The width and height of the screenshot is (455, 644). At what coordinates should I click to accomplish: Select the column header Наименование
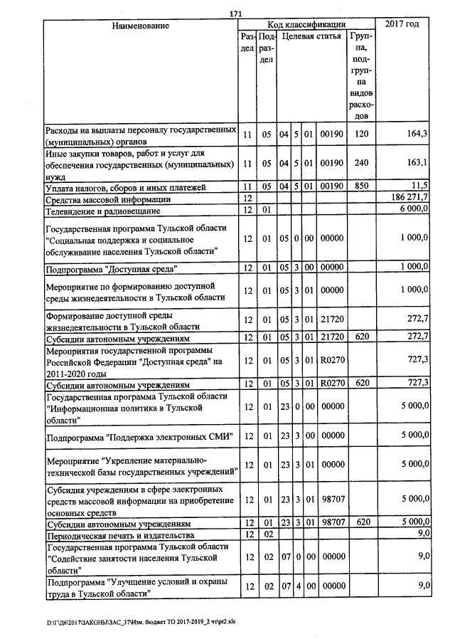(140, 26)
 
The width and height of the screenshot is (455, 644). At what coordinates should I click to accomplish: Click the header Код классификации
(306, 25)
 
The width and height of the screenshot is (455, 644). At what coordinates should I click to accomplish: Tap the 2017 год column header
(402, 25)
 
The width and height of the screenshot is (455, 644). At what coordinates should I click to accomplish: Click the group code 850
(361, 186)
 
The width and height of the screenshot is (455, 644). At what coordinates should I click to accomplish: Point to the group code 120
(361, 134)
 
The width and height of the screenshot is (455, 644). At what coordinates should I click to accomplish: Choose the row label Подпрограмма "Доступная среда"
(111, 269)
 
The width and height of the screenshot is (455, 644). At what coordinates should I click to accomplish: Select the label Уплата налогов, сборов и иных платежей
(125, 188)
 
